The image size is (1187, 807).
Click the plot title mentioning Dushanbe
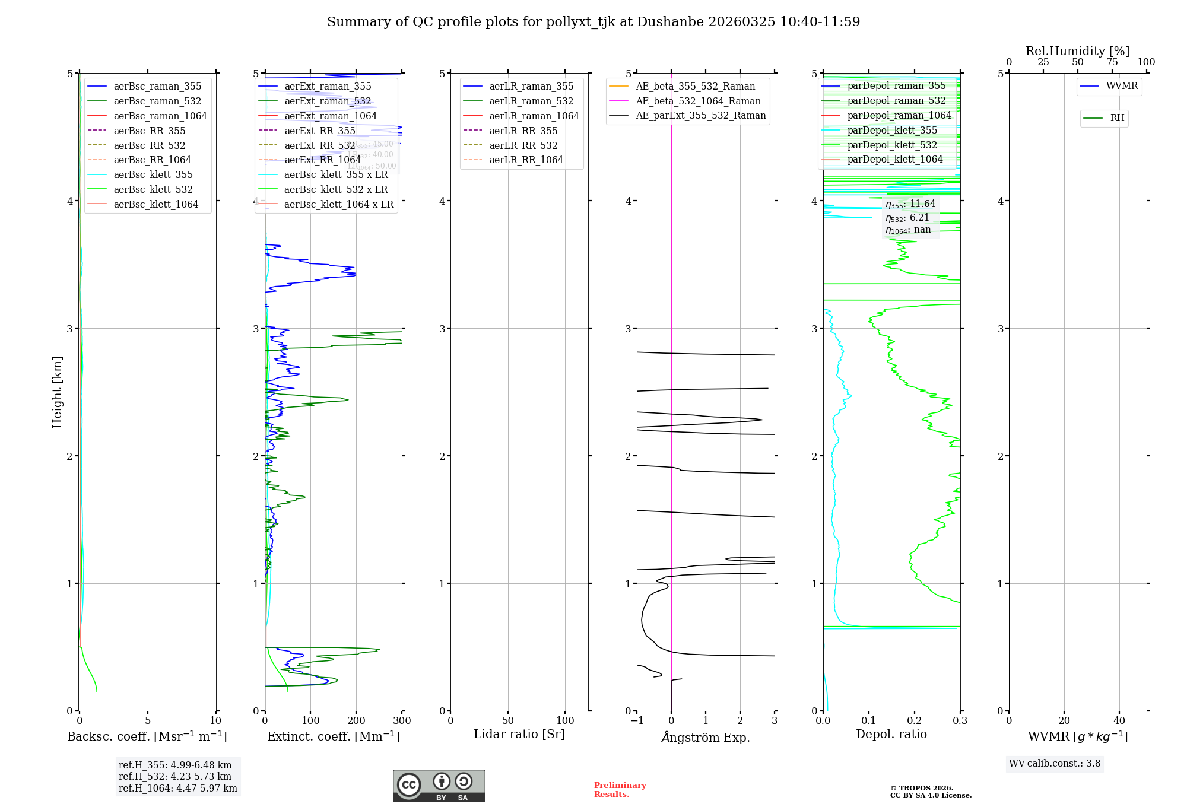593,22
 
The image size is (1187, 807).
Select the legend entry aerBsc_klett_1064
155,204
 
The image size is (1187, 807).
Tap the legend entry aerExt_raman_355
328,86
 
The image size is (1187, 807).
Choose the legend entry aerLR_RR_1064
526,160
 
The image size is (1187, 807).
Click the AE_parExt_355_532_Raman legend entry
700,115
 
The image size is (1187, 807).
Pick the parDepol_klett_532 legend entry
891,145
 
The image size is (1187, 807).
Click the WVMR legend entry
1122,86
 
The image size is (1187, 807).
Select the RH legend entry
1117,118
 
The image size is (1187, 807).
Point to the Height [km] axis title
57,392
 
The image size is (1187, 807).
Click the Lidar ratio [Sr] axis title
519,734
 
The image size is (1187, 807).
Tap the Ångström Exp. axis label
706,737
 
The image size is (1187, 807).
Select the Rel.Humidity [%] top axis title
1077,51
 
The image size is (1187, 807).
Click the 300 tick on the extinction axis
402,720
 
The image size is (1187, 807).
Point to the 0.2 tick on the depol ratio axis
915,720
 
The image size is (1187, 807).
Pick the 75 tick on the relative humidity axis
1112,62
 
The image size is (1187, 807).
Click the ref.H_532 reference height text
174,776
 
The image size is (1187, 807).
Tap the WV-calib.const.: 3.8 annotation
1055,763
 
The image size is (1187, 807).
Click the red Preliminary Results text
620,789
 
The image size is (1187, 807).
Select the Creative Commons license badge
439,786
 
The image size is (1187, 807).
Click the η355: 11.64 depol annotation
910,204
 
